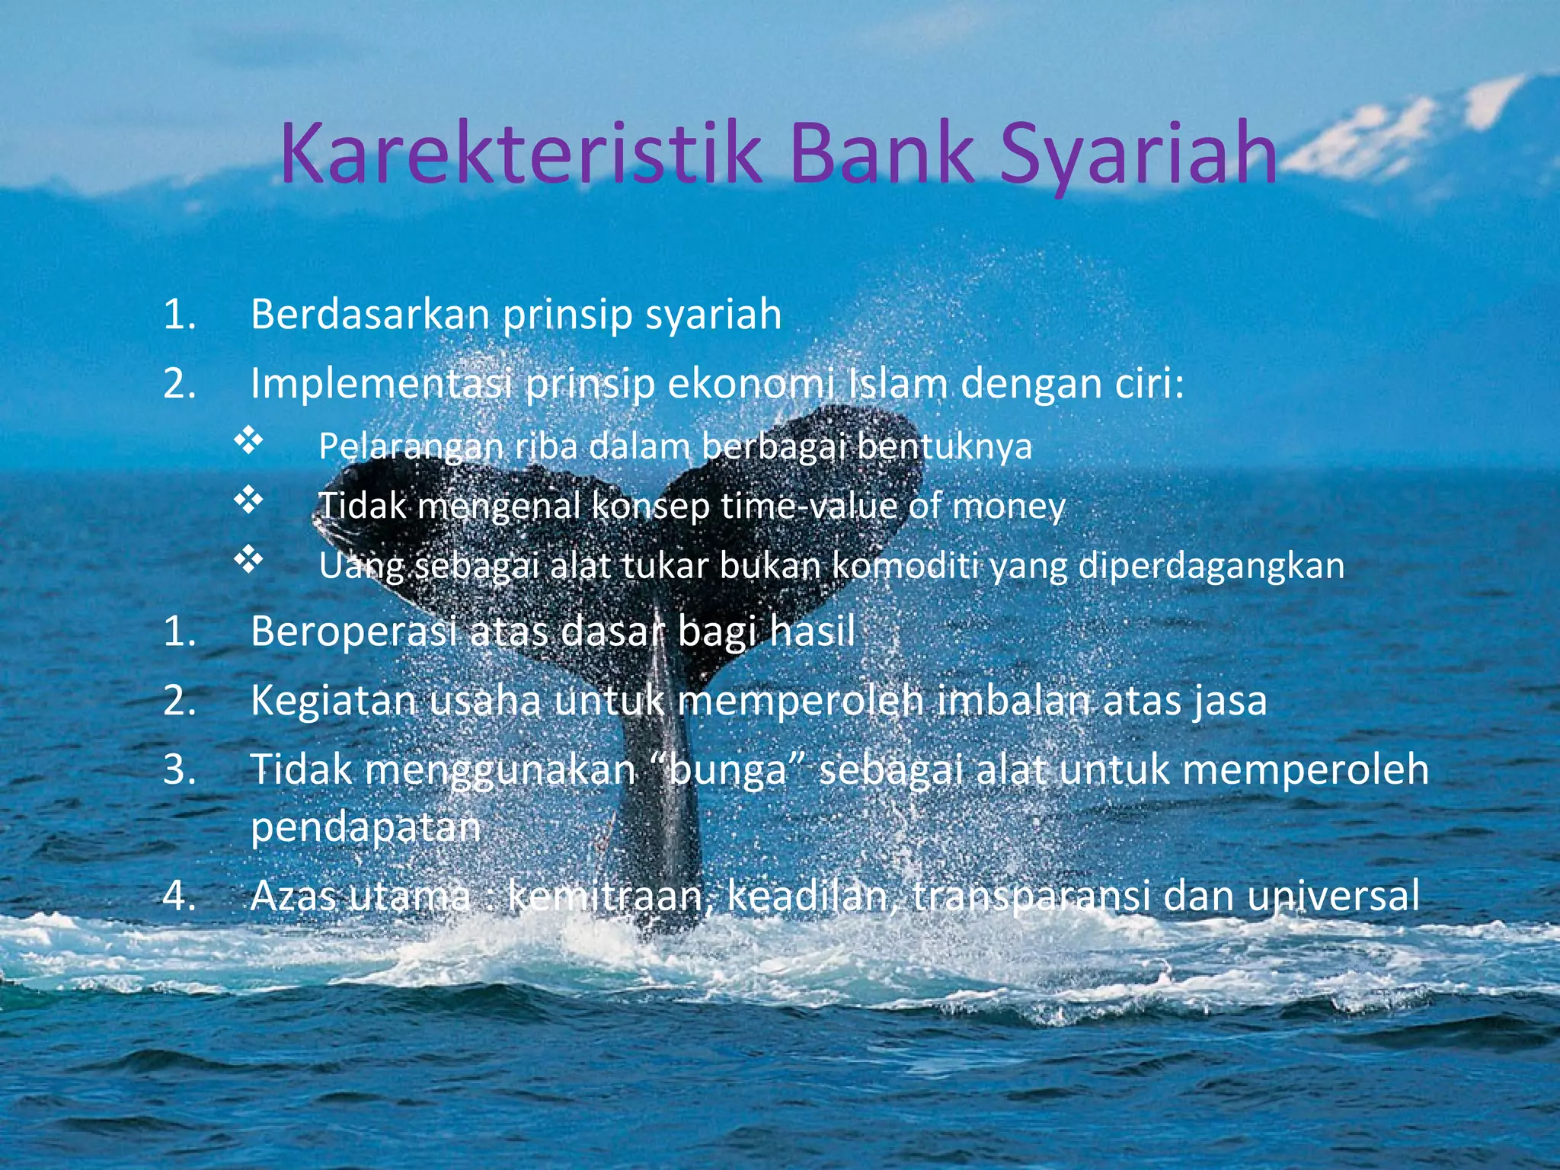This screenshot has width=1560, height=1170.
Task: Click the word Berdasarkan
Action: (369, 314)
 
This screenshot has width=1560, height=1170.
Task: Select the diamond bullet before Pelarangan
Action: (248, 441)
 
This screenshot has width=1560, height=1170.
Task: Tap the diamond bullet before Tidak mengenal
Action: (248, 500)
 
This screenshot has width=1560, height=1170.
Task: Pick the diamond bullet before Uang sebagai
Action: (248, 560)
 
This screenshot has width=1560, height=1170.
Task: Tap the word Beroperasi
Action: (353, 631)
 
